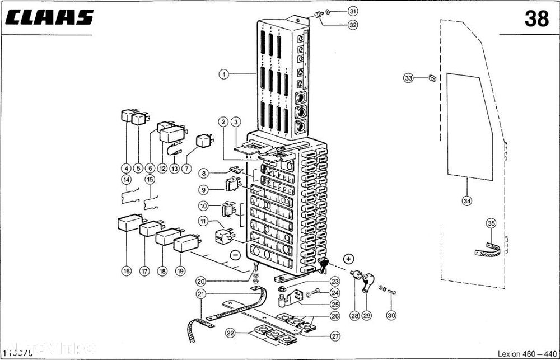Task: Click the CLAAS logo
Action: [50, 18]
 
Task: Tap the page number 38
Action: [536, 19]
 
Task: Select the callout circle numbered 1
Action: [224, 73]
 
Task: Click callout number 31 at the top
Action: [352, 11]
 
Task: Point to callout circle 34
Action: [466, 199]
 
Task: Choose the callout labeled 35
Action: [491, 223]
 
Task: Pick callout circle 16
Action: [126, 271]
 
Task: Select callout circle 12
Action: [162, 168]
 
